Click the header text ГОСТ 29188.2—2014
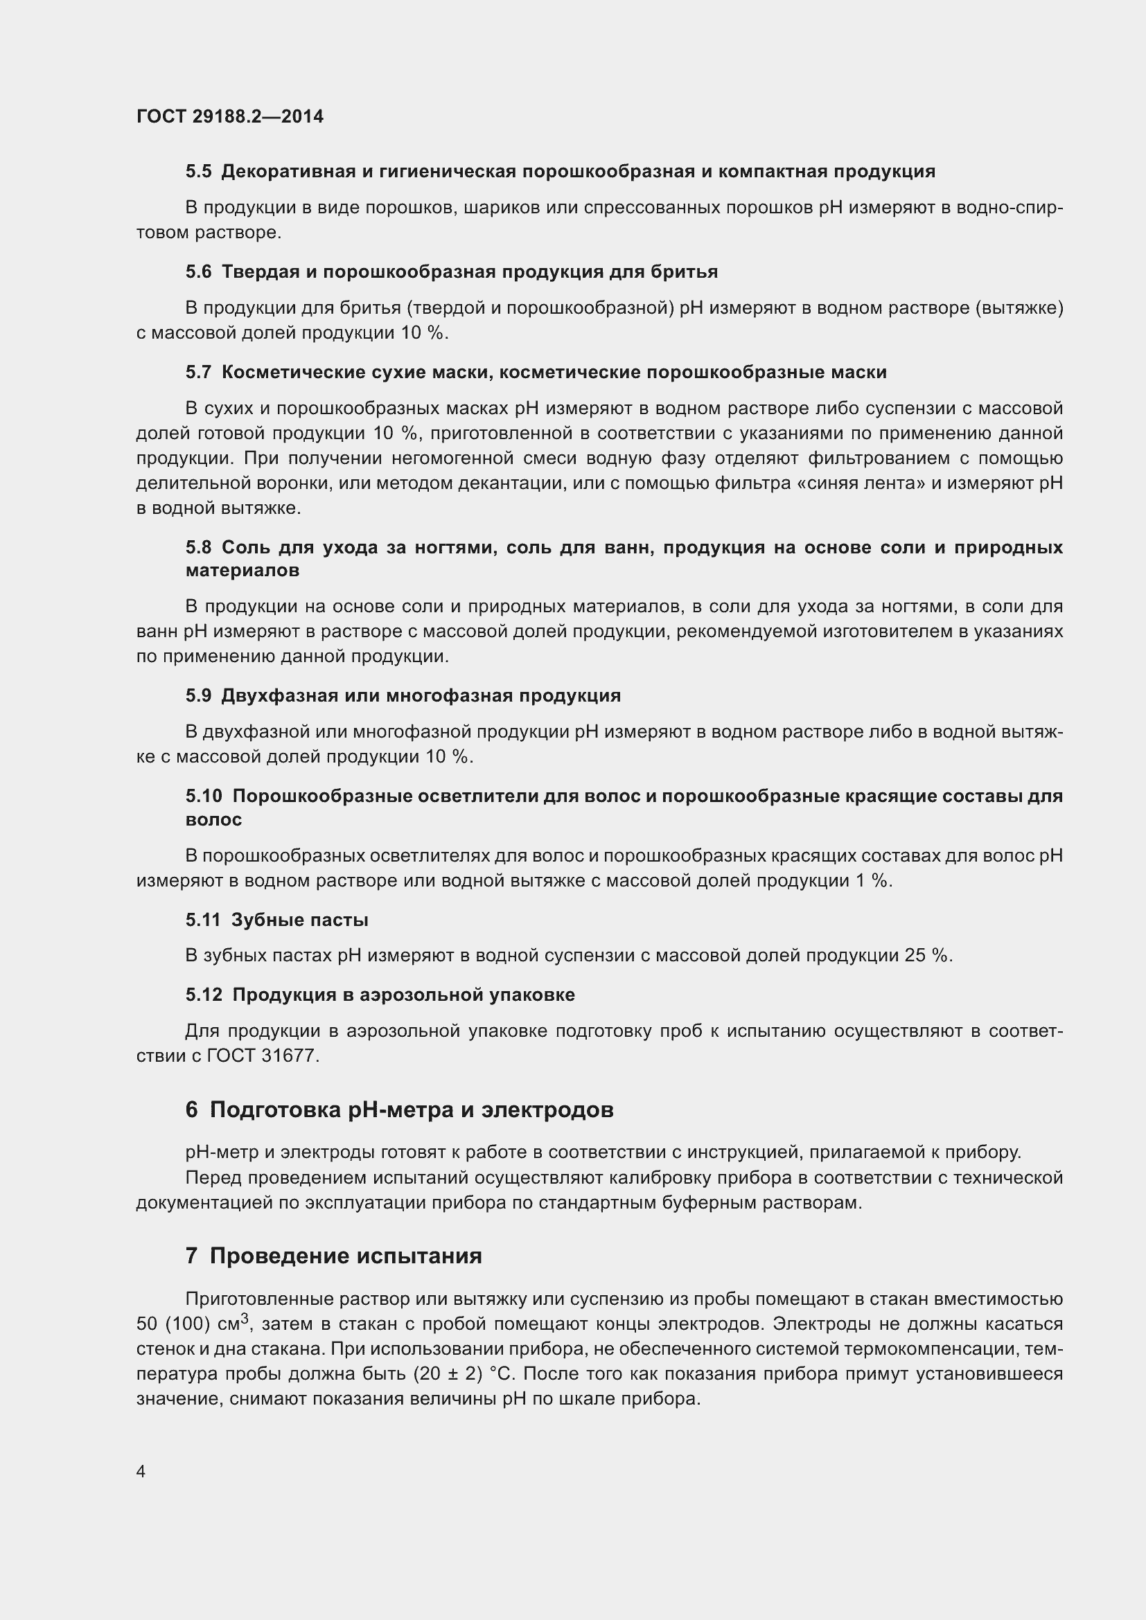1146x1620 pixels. tap(230, 116)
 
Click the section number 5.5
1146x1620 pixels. tap(198, 172)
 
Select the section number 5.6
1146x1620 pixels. tap(198, 272)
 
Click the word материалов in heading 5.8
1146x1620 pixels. tap(242, 571)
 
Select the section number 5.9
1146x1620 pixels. tap(198, 695)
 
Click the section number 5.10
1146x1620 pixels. tap(203, 796)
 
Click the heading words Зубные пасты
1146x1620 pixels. tap(300, 920)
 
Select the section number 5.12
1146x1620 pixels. tap(203, 995)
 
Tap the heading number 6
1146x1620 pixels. tap(191, 1110)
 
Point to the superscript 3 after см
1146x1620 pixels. tap(245, 1318)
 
